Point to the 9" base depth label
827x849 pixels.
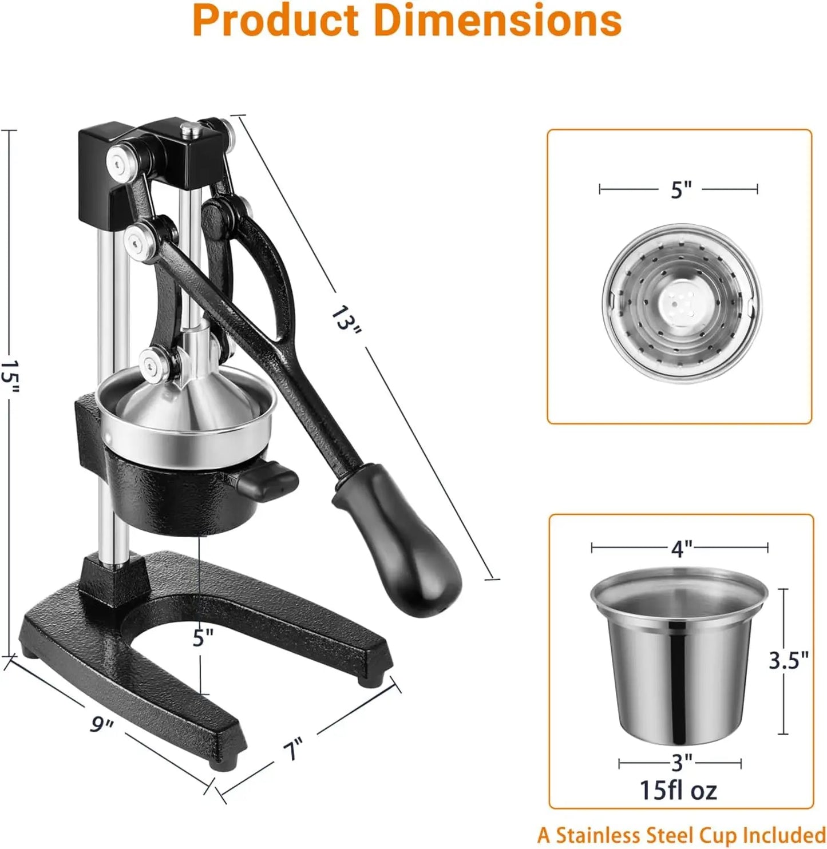(x=102, y=725)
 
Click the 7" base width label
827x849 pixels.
(x=292, y=748)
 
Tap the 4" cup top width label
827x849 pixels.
(x=681, y=549)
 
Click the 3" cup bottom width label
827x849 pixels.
(x=681, y=762)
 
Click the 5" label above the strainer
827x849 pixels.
(x=680, y=190)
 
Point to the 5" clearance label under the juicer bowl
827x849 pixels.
(x=203, y=637)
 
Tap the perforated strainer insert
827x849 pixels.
(x=681, y=303)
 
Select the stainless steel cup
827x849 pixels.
(x=678, y=658)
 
